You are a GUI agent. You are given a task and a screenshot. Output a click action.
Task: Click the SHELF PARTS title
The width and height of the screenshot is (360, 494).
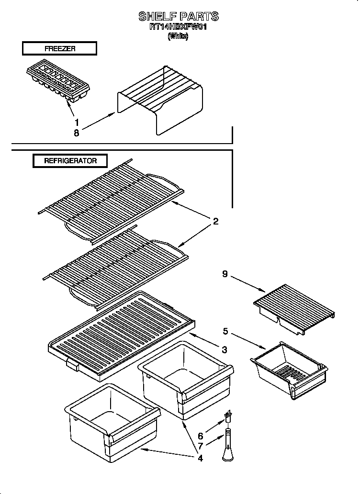point(179,16)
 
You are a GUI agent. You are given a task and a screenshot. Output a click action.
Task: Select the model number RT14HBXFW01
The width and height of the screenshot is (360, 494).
point(179,27)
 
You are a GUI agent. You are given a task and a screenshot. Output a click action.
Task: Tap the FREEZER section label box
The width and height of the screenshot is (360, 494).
point(59,48)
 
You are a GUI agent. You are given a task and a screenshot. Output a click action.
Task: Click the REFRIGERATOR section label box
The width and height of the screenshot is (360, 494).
point(70,161)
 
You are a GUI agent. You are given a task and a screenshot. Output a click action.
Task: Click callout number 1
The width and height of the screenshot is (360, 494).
point(77,122)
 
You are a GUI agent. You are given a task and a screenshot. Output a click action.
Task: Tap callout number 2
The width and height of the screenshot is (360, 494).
point(216,221)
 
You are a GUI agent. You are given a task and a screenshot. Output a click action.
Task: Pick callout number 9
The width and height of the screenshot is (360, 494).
point(225,274)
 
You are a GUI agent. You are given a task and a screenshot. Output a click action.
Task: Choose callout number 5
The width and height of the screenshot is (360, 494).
point(225,330)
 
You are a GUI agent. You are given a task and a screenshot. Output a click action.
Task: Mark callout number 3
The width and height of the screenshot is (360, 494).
point(224,349)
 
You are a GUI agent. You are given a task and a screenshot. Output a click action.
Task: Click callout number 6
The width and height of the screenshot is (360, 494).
point(200,436)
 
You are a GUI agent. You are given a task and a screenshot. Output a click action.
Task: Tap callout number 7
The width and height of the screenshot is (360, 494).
point(200,447)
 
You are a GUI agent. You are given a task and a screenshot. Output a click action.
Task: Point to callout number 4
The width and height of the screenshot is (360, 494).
point(200,458)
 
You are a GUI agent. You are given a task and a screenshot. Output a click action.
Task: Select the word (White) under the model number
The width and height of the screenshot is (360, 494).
point(178,36)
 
